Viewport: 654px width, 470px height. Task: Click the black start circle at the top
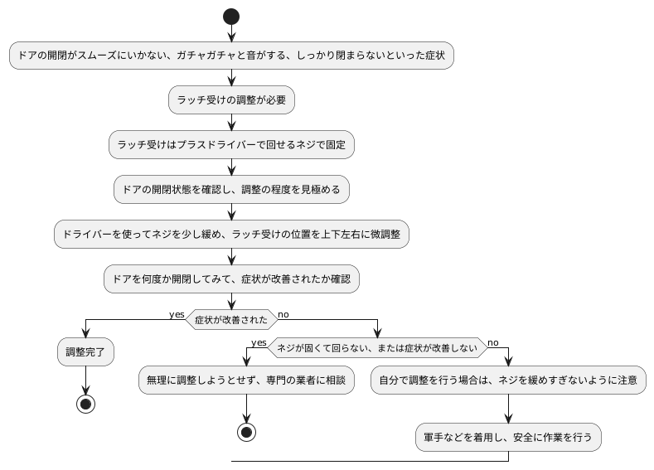[x=231, y=17]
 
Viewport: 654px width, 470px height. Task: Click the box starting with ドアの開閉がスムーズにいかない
[x=231, y=56]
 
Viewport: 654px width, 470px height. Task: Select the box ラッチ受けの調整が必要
[x=231, y=99]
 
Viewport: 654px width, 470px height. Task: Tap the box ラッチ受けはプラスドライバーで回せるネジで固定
[x=231, y=144]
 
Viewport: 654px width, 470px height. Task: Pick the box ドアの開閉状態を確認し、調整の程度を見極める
[x=231, y=189]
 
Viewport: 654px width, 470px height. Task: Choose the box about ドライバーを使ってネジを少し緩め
[x=231, y=234]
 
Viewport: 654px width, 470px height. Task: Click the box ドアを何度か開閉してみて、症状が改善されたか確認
[x=231, y=279]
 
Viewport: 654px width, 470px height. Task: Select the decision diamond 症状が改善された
[x=231, y=319]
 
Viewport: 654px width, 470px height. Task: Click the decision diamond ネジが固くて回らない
[x=377, y=348]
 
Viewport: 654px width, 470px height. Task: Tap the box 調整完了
[x=85, y=351]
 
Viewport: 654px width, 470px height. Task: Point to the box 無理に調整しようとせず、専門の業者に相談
[x=246, y=380]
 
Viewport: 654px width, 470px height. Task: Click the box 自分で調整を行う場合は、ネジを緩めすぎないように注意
[x=507, y=380]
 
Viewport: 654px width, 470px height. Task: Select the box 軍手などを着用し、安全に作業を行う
[x=507, y=436]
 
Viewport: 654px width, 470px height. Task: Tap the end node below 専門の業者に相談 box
[x=246, y=433]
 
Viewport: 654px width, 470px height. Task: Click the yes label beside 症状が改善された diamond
[x=177, y=314]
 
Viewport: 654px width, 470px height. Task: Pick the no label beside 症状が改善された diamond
[x=283, y=314]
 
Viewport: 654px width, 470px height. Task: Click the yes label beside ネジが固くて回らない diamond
[x=259, y=342]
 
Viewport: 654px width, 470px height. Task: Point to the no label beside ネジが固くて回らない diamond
[x=493, y=342]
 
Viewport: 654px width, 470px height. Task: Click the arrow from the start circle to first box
[x=231, y=33]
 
